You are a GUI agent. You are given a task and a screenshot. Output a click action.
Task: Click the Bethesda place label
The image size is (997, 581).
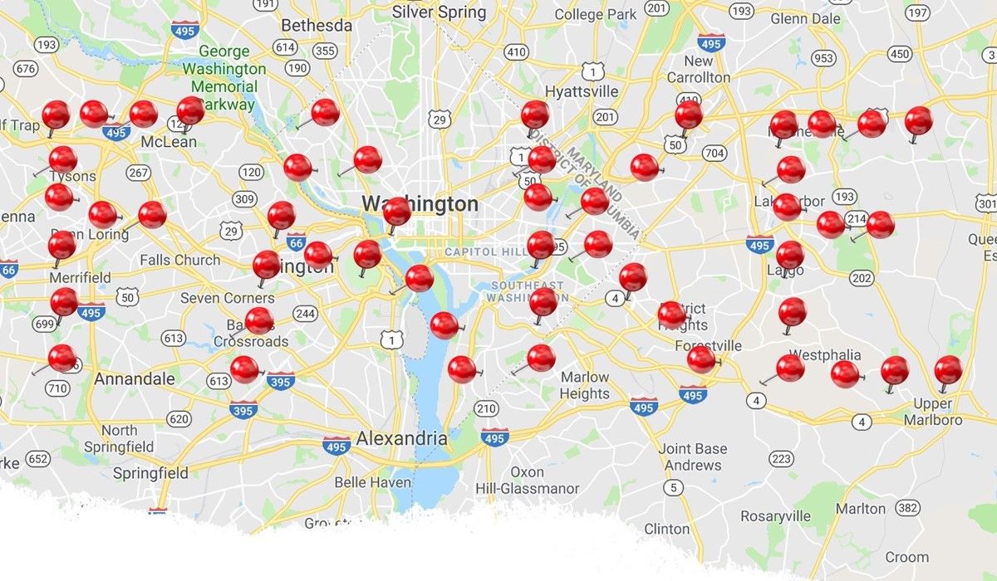(317, 26)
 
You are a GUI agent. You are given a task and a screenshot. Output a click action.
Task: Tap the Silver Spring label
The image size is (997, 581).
(439, 12)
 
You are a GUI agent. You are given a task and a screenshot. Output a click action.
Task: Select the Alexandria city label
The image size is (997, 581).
(401, 438)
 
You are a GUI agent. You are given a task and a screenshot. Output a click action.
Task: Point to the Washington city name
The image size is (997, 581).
(420, 204)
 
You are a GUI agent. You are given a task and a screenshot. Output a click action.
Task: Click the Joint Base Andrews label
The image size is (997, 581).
(693, 456)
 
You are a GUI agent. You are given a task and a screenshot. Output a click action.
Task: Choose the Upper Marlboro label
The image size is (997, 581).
(937, 412)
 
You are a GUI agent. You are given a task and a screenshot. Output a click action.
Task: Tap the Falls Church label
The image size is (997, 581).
(180, 260)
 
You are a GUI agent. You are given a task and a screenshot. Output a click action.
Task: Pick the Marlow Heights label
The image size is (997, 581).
(585, 385)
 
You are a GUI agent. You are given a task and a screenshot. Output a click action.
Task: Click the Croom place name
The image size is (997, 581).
(906, 557)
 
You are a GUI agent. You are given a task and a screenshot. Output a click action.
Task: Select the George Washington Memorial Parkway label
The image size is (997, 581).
(224, 78)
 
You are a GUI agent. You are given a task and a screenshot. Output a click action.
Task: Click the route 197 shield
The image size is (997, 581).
(917, 12)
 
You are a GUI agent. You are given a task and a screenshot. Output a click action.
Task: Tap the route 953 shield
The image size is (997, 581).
(823, 57)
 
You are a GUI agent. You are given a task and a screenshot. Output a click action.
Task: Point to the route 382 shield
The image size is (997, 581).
(908, 507)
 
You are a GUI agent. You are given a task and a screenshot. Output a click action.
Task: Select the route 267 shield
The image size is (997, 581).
(139, 173)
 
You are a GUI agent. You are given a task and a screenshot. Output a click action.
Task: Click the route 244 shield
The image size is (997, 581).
(305, 313)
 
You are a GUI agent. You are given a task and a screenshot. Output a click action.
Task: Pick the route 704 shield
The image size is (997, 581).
(714, 153)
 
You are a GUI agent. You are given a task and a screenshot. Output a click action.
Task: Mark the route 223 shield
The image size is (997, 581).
(780, 458)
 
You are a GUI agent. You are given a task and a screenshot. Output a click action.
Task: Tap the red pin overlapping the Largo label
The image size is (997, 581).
(789, 254)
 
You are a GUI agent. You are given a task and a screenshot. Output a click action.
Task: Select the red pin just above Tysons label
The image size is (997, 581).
(63, 159)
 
